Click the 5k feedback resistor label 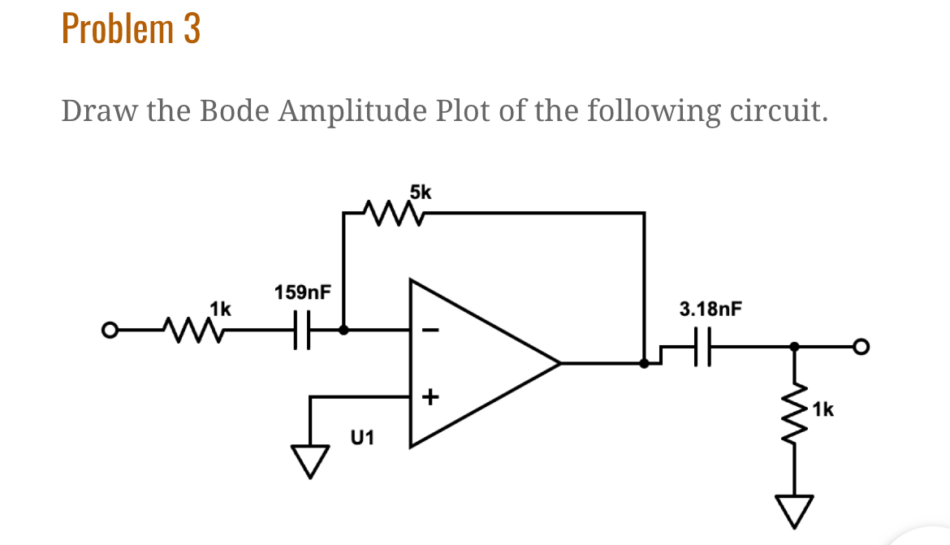tap(421, 192)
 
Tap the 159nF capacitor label tap(303, 292)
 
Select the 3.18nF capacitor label tap(710, 309)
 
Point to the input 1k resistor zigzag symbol tap(188, 330)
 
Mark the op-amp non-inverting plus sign tap(430, 397)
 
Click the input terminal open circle tap(106, 331)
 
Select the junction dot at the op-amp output tap(644, 363)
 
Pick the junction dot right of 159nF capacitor tap(343, 331)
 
